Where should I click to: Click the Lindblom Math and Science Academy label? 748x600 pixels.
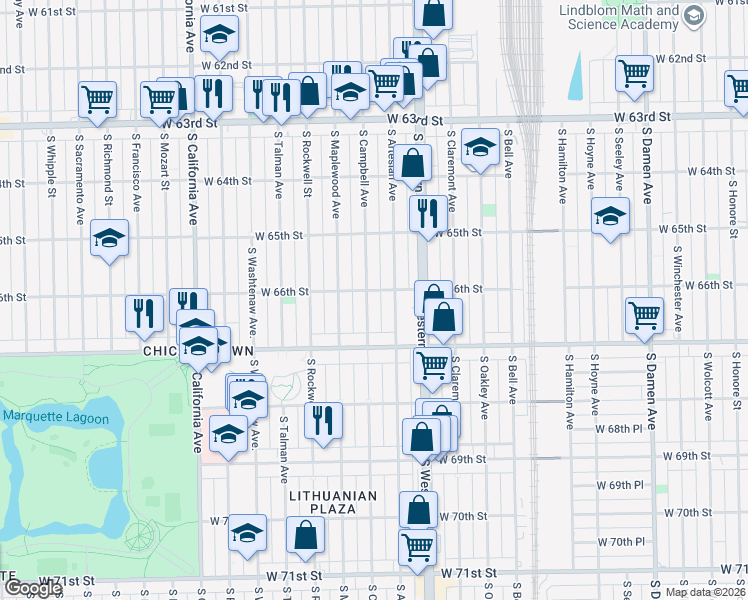pyautogui.click(x=617, y=16)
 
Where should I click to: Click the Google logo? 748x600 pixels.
pyautogui.click(x=33, y=588)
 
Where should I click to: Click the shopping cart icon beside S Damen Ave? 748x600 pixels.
pyautogui.click(x=645, y=316)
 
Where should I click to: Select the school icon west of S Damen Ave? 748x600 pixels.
pyautogui.click(x=609, y=216)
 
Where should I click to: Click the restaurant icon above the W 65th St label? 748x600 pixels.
pyautogui.click(x=425, y=212)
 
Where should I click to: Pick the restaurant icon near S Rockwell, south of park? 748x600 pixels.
pyautogui.click(x=323, y=421)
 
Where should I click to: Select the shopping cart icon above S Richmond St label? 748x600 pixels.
pyautogui.click(x=98, y=99)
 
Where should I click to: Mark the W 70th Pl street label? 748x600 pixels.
pyautogui.click(x=621, y=541)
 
